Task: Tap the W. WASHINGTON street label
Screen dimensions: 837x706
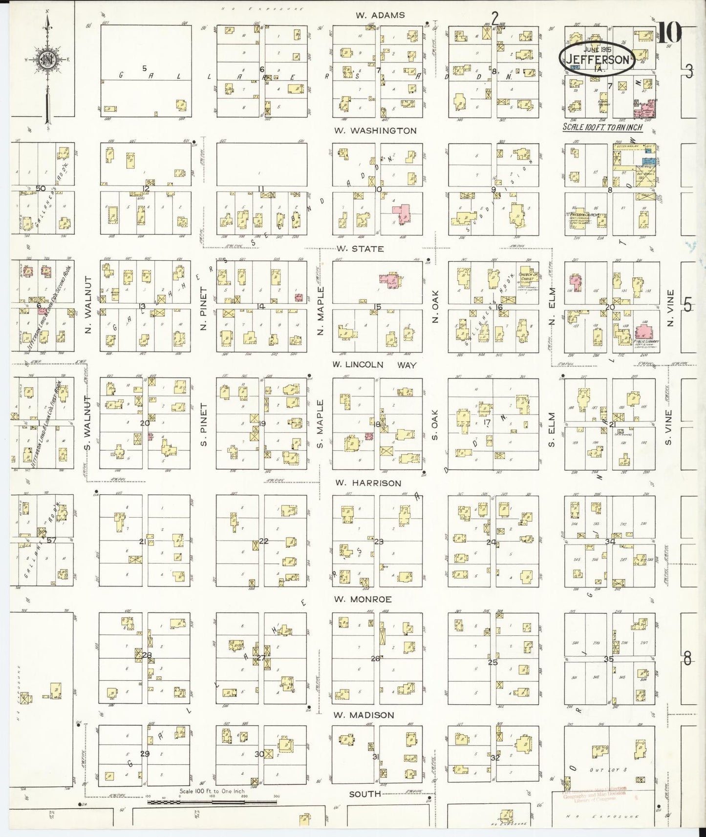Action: (376, 131)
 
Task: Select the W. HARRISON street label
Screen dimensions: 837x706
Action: (368, 483)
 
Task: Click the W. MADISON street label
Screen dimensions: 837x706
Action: (364, 715)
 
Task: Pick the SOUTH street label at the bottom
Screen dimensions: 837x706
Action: (364, 794)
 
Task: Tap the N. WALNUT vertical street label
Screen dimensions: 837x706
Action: (88, 305)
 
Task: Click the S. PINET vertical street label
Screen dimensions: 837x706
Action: (204, 424)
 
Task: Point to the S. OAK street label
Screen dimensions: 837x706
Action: (434, 424)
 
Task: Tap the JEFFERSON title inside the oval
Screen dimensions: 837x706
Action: (598, 60)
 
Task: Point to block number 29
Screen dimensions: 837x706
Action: (145, 753)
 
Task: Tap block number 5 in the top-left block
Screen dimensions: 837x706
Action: (144, 68)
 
